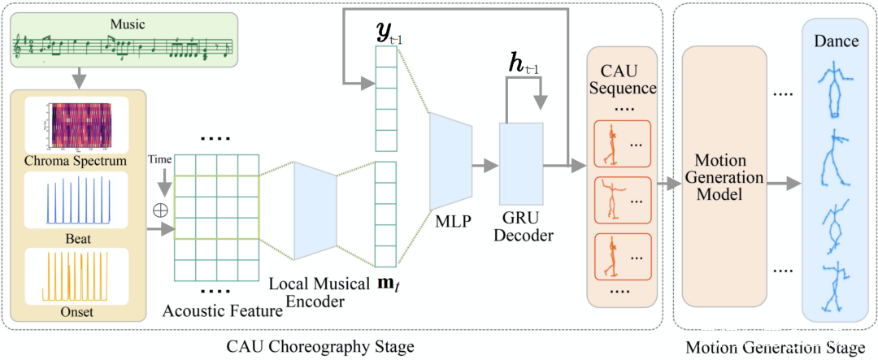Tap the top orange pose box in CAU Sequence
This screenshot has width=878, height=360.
(x=622, y=144)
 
